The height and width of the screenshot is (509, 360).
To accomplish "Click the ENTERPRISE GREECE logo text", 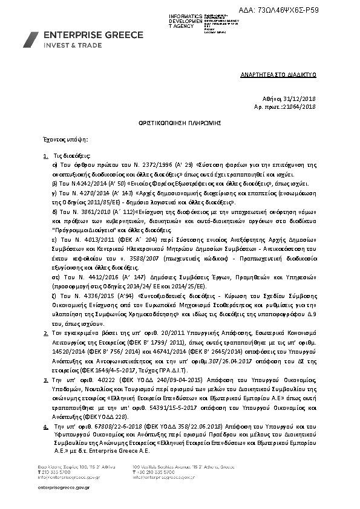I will tap(94, 35).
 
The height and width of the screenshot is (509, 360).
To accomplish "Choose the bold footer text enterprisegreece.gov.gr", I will tap(63, 487).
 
